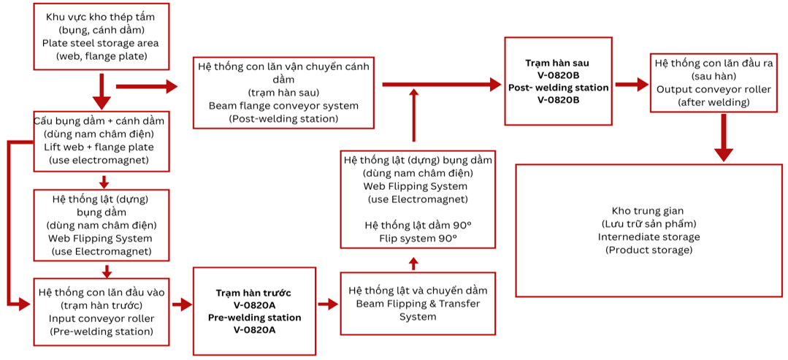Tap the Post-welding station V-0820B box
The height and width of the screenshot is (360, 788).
pyautogui.click(x=558, y=80)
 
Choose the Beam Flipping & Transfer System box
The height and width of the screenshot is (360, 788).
pyautogui.click(x=418, y=303)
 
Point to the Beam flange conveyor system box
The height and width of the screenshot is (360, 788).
pyautogui.click(x=283, y=92)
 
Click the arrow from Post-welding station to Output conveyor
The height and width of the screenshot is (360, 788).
pyautogui.click(x=632, y=85)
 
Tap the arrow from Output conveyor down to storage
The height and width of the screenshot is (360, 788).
pyautogui.click(x=723, y=138)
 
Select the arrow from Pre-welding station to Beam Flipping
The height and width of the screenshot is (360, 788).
pyautogui.click(x=328, y=304)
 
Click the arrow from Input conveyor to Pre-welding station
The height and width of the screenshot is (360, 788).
pyautogui.click(x=180, y=304)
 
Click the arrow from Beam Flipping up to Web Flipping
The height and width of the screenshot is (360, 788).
pyautogui.click(x=414, y=263)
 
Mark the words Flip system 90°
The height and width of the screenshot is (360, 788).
pyautogui.click(x=418, y=239)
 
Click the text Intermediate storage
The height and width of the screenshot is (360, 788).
pyautogui.click(x=649, y=237)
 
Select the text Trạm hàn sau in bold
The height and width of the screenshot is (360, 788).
pyautogui.click(x=557, y=64)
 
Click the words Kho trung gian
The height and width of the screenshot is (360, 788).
pyautogui.click(x=649, y=211)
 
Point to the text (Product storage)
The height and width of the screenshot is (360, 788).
pyautogui.click(x=649, y=250)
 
